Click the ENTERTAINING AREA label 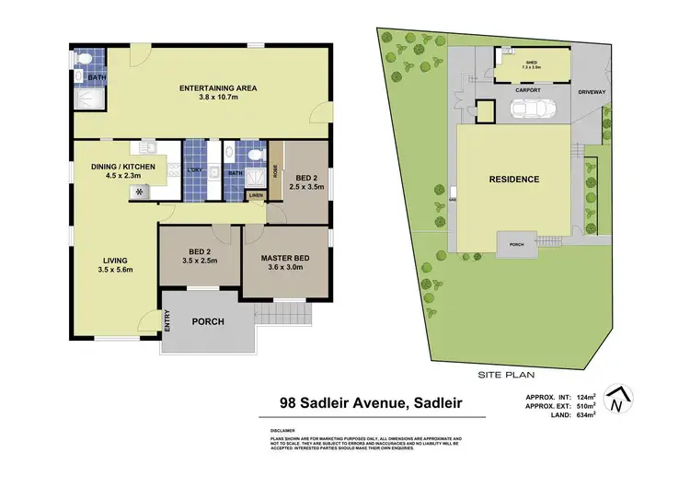[217, 88]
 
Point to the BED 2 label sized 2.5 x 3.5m [306, 180]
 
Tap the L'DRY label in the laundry [195, 170]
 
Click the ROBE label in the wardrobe [275, 171]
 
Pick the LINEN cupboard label [255, 195]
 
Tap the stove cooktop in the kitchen [140, 192]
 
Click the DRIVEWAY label [591, 93]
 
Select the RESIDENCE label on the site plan [513, 179]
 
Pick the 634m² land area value [582, 414]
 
